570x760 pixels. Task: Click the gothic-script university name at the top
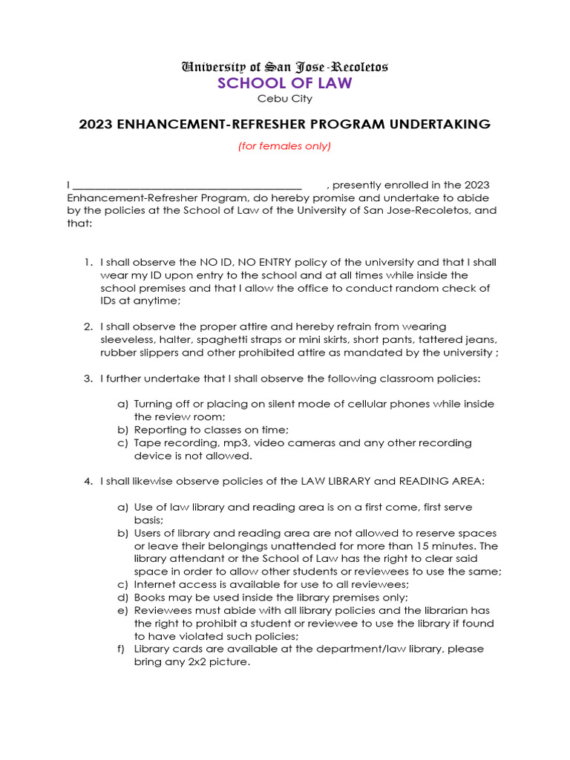[x=285, y=67]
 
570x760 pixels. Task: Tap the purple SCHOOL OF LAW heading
[x=285, y=83]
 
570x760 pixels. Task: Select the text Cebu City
[x=285, y=99]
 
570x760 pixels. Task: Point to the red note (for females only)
[x=285, y=146]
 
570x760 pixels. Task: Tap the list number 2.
[x=87, y=327]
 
